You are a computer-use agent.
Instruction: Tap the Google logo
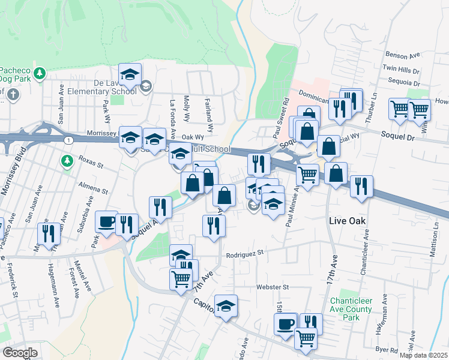coord(19,353)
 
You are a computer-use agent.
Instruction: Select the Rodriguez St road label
coord(245,254)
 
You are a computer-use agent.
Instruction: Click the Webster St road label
coord(273,287)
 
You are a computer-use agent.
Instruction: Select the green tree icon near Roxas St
coord(67,161)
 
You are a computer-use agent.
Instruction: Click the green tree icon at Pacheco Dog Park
coord(40,73)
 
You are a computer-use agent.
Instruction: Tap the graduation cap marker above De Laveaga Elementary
coord(130,74)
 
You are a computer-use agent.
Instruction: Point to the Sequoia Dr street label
coord(403,82)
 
